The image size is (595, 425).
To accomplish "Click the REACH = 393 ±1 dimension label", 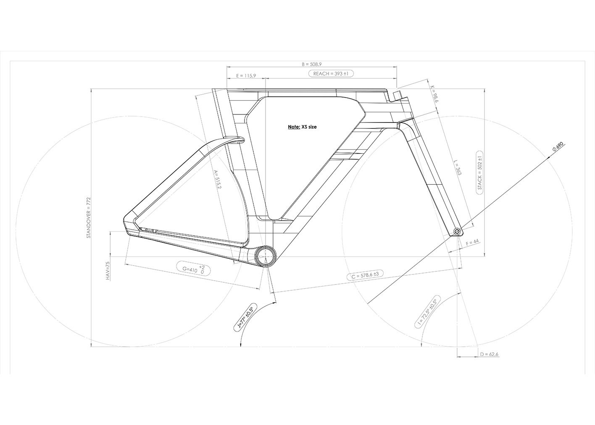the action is point(331,74).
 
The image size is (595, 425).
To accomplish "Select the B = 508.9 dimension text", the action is point(312,64).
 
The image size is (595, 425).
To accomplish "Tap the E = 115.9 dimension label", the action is point(246,76).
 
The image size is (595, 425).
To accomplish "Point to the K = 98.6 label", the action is point(434,94).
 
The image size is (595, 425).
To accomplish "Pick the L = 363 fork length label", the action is point(458,167).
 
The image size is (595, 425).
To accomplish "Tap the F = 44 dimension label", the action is point(472,242).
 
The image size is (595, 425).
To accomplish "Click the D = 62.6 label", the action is point(489,354).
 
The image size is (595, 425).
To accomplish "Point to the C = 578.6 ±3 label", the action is point(365,275).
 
